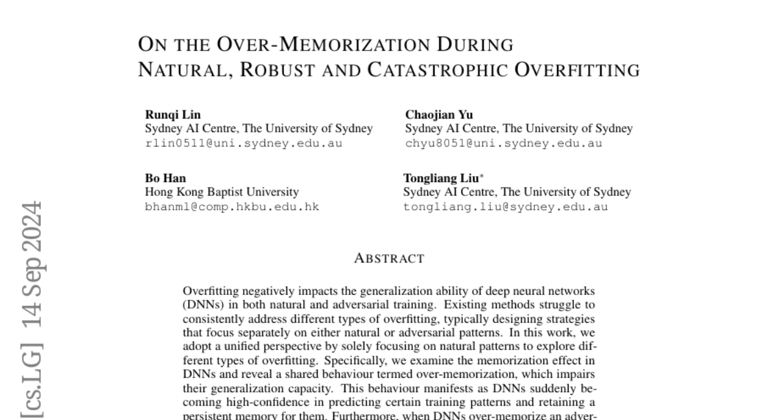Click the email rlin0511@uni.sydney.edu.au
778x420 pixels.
[243, 143]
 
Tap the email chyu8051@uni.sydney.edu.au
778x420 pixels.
[503, 143]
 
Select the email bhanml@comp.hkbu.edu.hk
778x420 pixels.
[232, 207]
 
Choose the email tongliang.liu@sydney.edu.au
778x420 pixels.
[506, 207]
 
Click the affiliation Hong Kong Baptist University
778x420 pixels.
[222, 192]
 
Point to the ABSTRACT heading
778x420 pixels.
[389, 259]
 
